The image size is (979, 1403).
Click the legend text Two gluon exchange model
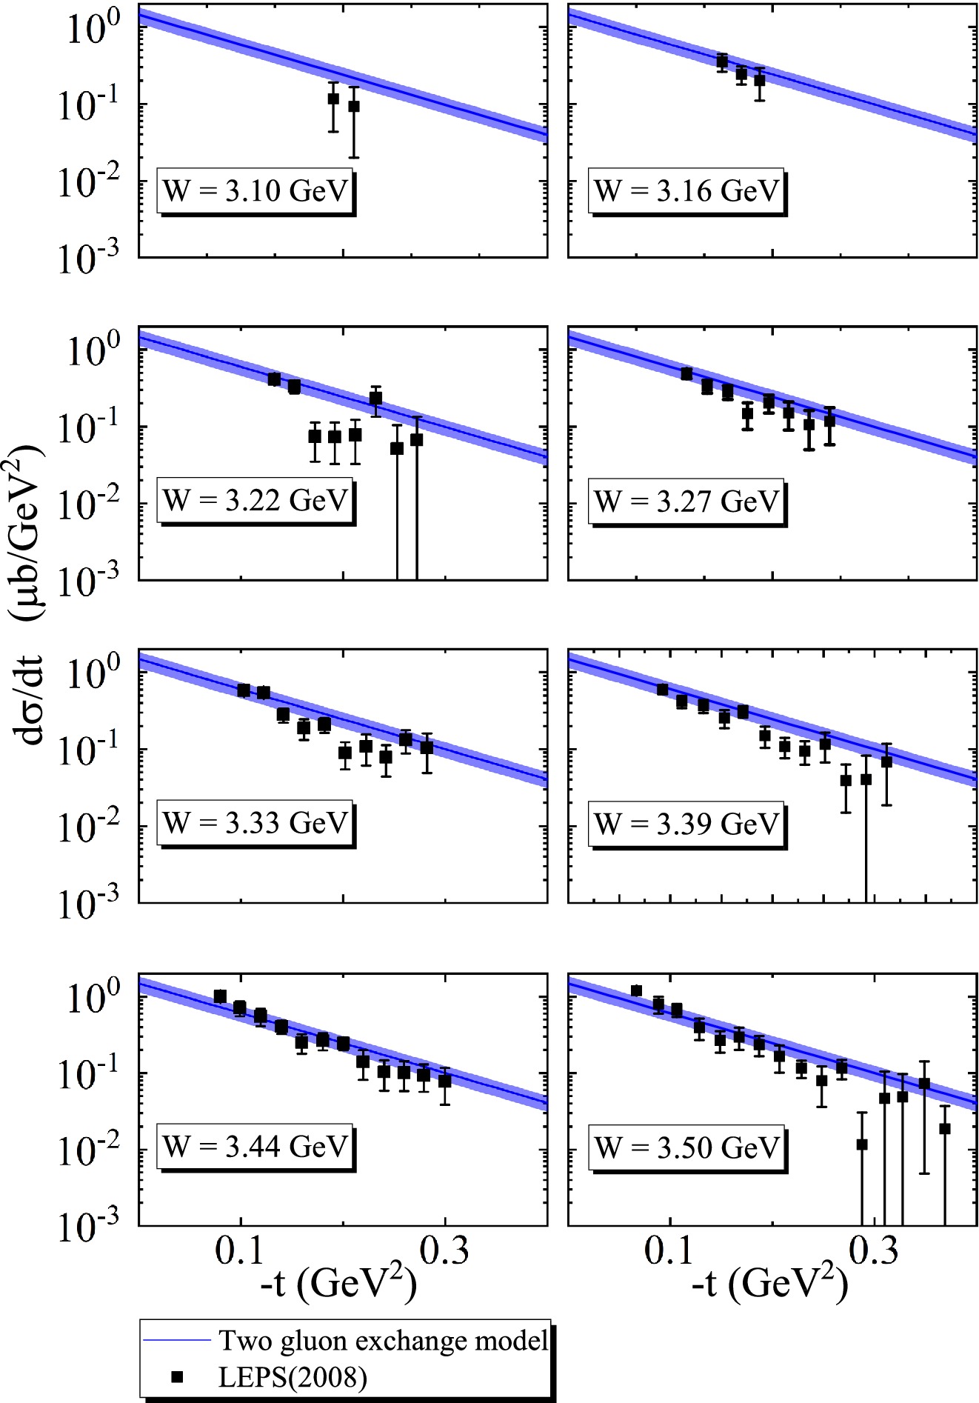[382, 1340]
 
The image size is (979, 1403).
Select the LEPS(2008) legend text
[293, 1377]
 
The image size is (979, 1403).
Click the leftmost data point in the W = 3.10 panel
[333, 99]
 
